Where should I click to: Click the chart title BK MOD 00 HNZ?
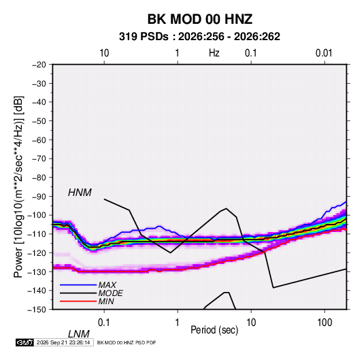click(x=199, y=19)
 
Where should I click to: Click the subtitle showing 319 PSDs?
click(x=199, y=37)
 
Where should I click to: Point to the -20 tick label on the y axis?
click(x=39, y=65)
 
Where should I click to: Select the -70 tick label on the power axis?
click(x=39, y=159)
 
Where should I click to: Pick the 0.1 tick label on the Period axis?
click(x=104, y=323)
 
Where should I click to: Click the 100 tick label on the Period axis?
click(x=325, y=323)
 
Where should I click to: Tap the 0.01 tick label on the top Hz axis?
click(x=324, y=53)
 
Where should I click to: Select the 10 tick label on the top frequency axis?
click(x=104, y=53)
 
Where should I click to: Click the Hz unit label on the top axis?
click(x=214, y=53)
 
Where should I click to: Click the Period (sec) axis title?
click(x=214, y=330)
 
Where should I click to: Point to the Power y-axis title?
click(x=18, y=187)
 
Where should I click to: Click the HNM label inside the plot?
click(x=80, y=193)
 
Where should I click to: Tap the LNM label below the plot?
click(x=78, y=334)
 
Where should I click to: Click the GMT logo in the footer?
click(x=25, y=342)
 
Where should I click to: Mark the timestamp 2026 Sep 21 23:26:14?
click(x=63, y=342)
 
